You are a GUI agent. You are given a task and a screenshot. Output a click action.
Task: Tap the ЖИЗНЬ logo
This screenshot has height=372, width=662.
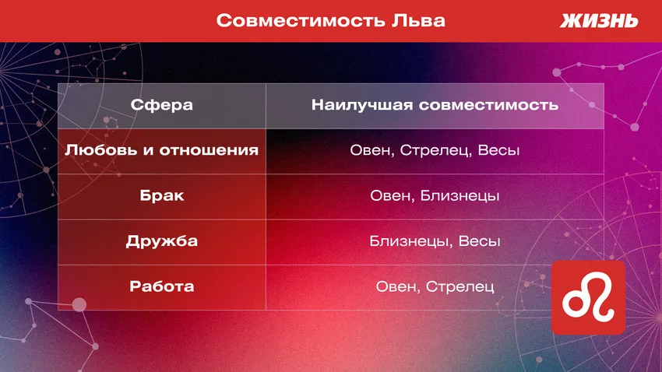pyautogui.click(x=599, y=21)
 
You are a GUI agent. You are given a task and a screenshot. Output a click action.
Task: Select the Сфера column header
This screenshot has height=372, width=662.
pyautogui.click(x=162, y=105)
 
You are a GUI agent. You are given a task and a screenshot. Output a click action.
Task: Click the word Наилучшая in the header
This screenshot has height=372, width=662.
pyautogui.click(x=361, y=105)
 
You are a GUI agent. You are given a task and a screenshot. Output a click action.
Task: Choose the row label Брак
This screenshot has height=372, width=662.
pyautogui.click(x=162, y=195)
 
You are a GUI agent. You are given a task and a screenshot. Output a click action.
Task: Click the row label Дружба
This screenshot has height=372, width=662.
pyautogui.click(x=162, y=241)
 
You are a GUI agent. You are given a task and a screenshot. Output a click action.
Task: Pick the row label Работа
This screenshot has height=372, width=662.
pyautogui.click(x=162, y=286)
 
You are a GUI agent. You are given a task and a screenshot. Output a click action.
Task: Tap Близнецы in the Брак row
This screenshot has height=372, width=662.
pyautogui.click(x=460, y=195)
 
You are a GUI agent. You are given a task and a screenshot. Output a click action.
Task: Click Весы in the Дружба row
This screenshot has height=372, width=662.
pyautogui.click(x=479, y=241)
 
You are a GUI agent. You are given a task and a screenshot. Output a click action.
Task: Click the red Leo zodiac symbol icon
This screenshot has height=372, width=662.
pyautogui.click(x=588, y=297)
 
